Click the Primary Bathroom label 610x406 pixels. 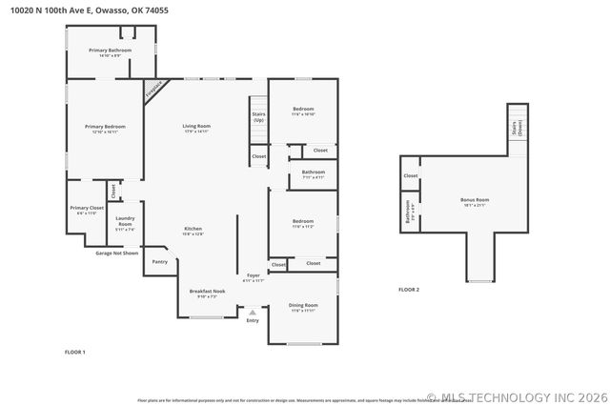pos(110,51)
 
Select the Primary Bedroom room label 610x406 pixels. pos(105,129)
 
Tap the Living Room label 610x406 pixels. pos(196,129)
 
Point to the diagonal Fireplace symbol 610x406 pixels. pos(152,91)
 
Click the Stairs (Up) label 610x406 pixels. pos(258,117)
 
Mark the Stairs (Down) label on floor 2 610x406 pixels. pos(516,128)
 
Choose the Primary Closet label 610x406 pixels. pos(85,210)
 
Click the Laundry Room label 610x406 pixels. pos(125,225)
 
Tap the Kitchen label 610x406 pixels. pos(193,231)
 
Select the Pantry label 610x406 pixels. pos(160,261)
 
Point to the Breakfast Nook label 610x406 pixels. pos(207,294)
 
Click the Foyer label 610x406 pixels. pos(254,277)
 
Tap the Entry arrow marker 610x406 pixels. pos(253,312)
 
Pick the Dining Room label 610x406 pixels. pos(302,307)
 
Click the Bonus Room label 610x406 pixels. pos(474,201)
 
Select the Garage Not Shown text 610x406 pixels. pos(116,254)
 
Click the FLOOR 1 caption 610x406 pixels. pos(74,353)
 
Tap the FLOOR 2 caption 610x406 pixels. pos(409,289)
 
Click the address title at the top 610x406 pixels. pos(84,10)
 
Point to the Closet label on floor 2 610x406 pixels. pos(410,176)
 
